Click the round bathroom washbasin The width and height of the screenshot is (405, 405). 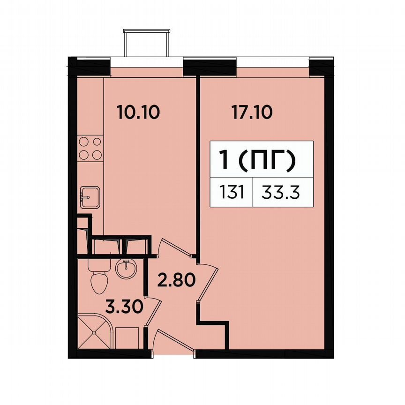point(126,270)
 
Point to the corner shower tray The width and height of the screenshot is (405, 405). point(94,331)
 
